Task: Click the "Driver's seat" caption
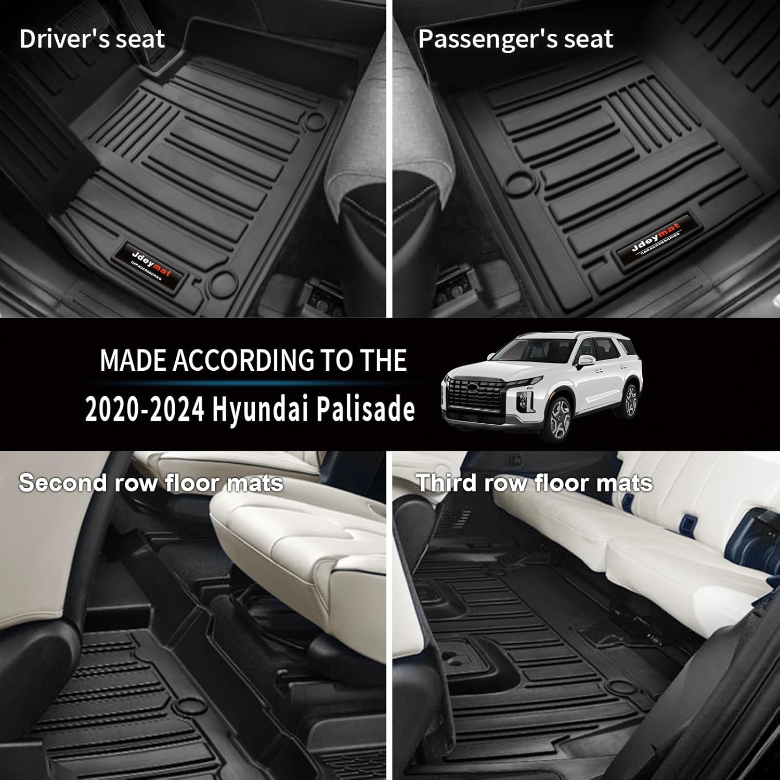pyautogui.click(x=92, y=40)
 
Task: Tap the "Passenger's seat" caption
pyautogui.click(x=515, y=40)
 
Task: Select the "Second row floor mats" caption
pyautogui.click(x=151, y=483)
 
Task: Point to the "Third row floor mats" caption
pyautogui.click(x=534, y=483)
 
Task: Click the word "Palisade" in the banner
pyautogui.click(x=366, y=409)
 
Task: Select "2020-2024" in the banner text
pyautogui.click(x=144, y=410)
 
